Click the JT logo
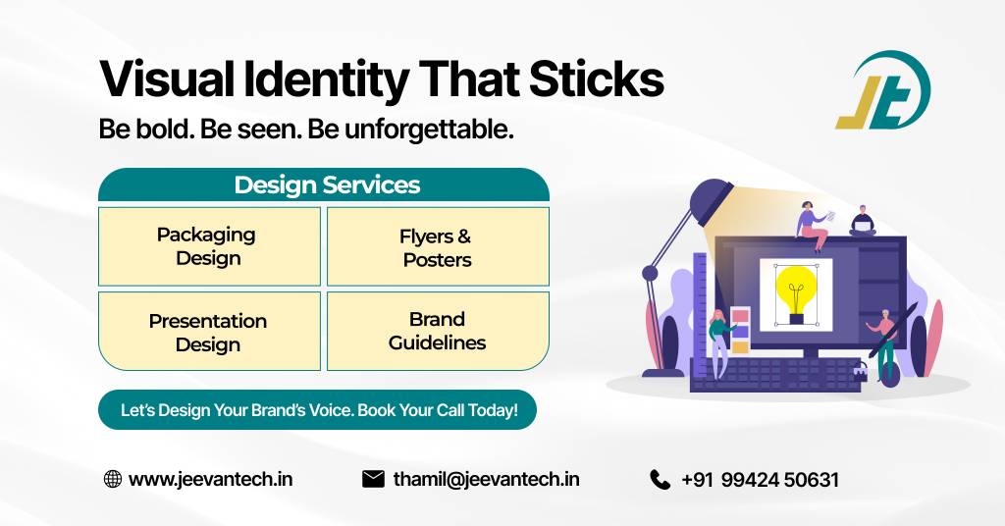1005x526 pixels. (x=881, y=91)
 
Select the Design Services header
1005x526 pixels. (x=326, y=184)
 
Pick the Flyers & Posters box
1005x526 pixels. (x=437, y=247)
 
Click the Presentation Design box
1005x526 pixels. (x=209, y=332)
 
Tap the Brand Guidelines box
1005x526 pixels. (x=437, y=332)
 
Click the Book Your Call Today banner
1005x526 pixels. (x=318, y=410)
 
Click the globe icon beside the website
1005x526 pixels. (x=113, y=480)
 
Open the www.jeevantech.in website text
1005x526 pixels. (x=210, y=480)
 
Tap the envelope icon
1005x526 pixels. (x=373, y=480)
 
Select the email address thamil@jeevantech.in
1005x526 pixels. (x=486, y=480)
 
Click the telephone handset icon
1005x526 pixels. (x=660, y=480)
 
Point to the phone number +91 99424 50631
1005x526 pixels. (x=760, y=481)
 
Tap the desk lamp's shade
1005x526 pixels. (x=712, y=201)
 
